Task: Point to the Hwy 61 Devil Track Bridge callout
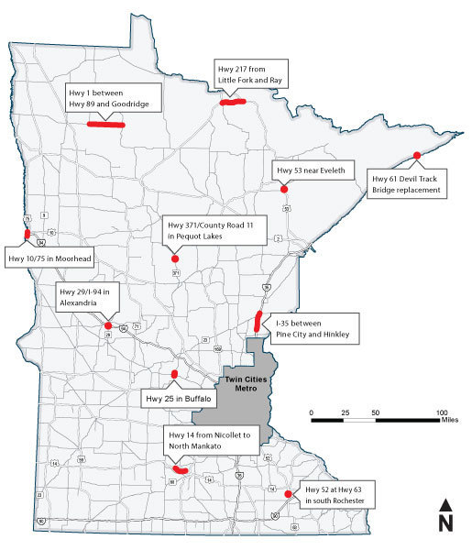click(x=406, y=183)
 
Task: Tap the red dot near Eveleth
click(x=284, y=188)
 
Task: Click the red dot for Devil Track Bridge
click(x=417, y=154)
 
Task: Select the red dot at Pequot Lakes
click(x=174, y=258)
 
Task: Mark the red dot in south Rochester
click(x=289, y=494)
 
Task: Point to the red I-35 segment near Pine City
click(x=258, y=322)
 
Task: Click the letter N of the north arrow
click(x=445, y=523)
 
